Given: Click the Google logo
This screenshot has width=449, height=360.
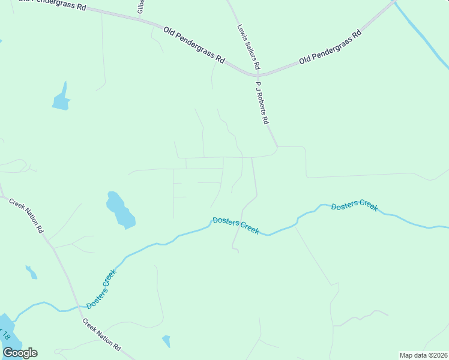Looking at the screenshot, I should tap(20, 353).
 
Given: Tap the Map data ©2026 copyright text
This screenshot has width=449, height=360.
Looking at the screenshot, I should tap(424, 355).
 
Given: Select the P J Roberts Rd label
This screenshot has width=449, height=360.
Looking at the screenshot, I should tap(262, 103).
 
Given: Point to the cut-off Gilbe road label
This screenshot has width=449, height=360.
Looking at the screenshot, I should tap(140, 6).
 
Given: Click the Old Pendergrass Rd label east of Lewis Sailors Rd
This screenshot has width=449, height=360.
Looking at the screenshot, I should tap(330, 47).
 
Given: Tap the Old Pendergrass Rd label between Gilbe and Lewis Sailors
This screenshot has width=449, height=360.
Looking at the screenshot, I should tap(194, 44).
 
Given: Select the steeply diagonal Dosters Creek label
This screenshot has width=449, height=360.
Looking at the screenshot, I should tap(101, 289).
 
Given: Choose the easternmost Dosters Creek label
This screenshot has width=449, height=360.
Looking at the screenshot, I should tap(354, 205).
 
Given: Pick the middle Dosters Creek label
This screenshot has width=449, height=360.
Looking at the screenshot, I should tap(235, 226).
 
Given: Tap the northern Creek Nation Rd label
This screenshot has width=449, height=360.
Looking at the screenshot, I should tap(26, 214).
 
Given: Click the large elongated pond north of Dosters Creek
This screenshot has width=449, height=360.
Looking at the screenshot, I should tap(121, 210).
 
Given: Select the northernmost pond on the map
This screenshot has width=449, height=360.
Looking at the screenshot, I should tap(61, 98).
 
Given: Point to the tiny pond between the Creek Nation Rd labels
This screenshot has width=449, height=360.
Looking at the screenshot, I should tap(31, 272).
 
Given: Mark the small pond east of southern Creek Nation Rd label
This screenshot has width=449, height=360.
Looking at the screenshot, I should tap(166, 341).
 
